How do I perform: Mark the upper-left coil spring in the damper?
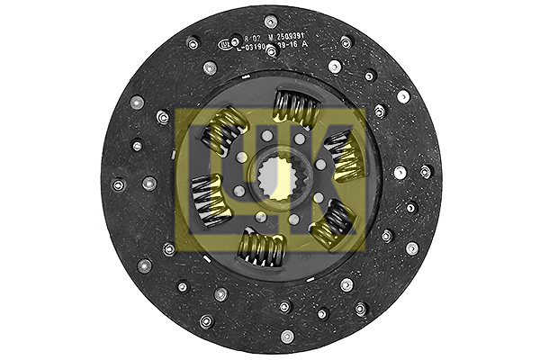220,130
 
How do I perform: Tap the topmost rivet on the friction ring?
271,22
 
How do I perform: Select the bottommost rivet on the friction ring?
287,337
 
